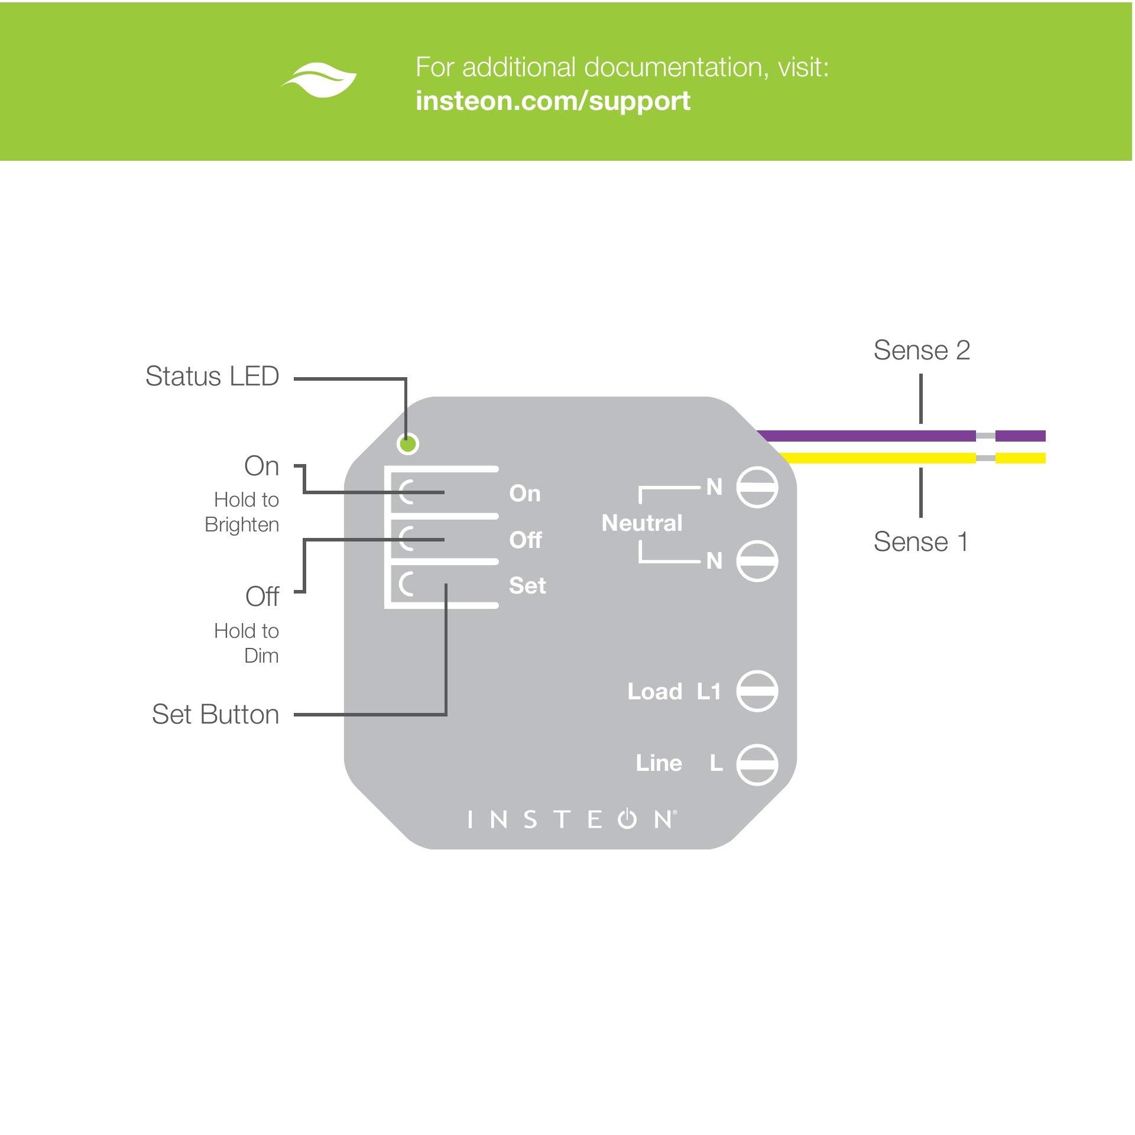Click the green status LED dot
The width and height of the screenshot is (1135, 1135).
click(408, 443)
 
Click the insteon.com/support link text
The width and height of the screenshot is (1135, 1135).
click(553, 100)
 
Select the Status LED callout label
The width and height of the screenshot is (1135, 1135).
click(212, 377)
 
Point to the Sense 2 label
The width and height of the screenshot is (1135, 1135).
click(922, 350)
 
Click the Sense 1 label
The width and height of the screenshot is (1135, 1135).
click(920, 541)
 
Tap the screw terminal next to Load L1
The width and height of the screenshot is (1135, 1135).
click(757, 691)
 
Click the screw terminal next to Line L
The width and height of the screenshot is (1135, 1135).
click(757, 764)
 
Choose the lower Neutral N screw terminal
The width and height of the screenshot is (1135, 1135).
click(757, 560)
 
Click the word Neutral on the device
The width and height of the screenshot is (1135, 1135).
click(641, 523)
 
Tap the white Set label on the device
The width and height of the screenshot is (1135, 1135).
click(527, 586)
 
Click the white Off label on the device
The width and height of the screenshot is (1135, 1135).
click(525, 540)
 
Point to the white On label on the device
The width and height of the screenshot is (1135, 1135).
click(524, 494)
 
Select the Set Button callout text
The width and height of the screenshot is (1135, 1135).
click(215, 714)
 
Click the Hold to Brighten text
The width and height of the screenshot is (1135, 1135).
click(242, 512)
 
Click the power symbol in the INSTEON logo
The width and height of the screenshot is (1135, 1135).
click(628, 819)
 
